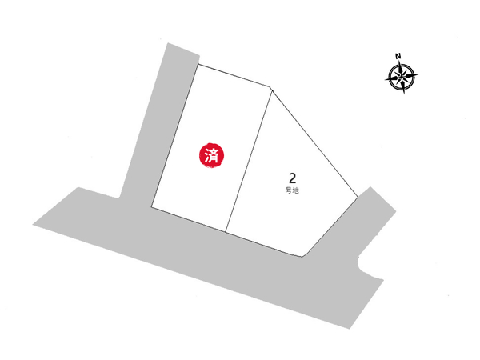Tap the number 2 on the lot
click(x=292, y=178)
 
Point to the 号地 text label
click(x=292, y=192)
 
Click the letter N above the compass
click(x=398, y=56)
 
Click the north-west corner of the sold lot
click(x=197, y=64)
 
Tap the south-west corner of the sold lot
click(x=151, y=208)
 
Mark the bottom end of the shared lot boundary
click(x=226, y=232)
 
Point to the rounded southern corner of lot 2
click(x=306, y=255)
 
